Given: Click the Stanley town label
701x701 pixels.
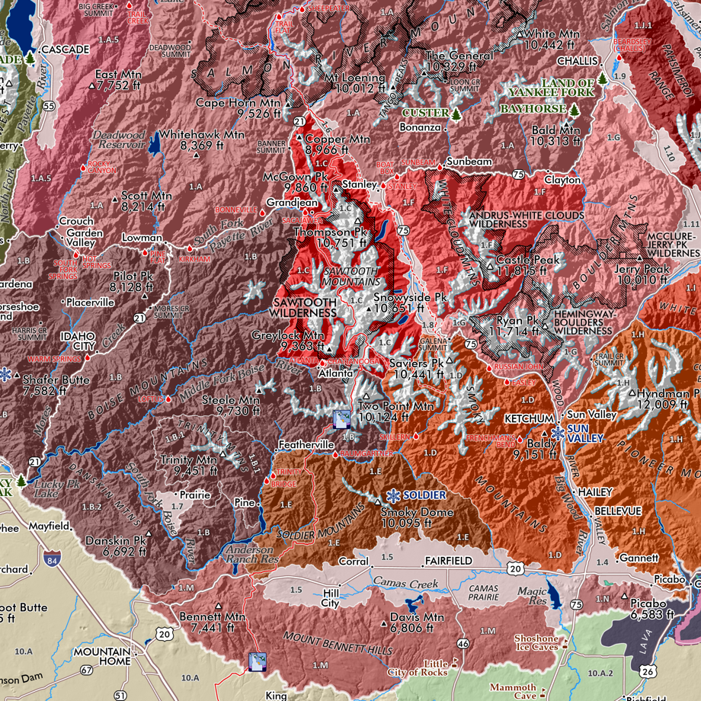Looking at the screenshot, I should [354, 184].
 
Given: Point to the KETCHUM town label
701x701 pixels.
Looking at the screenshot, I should [528, 419].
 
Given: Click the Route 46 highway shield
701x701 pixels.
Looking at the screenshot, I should [463, 644].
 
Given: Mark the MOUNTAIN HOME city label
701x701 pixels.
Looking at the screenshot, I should [103, 657].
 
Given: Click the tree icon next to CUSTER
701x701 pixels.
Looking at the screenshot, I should [456, 114].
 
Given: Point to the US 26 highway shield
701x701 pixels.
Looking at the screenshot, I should [647, 670].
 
